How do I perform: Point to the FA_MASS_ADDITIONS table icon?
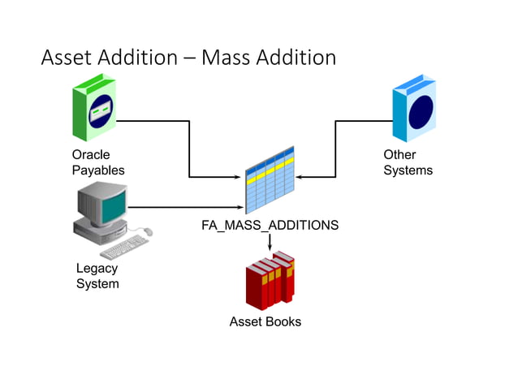pyautogui.click(x=270, y=180)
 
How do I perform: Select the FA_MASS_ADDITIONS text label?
pyautogui.click(x=270, y=225)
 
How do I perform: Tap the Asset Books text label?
pyautogui.click(x=265, y=321)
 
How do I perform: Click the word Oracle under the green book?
pyautogui.click(x=91, y=154)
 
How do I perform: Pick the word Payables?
pyautogui.click(x=98, y=170)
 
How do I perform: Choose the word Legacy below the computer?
pyautogui.click(x=97, y=268)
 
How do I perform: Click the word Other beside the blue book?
pyautogui.click(x=399, y=154)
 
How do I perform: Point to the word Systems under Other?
pyautogui.click(x=408, y=170)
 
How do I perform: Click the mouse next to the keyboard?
pyautogui.click(x=147, y=232)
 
